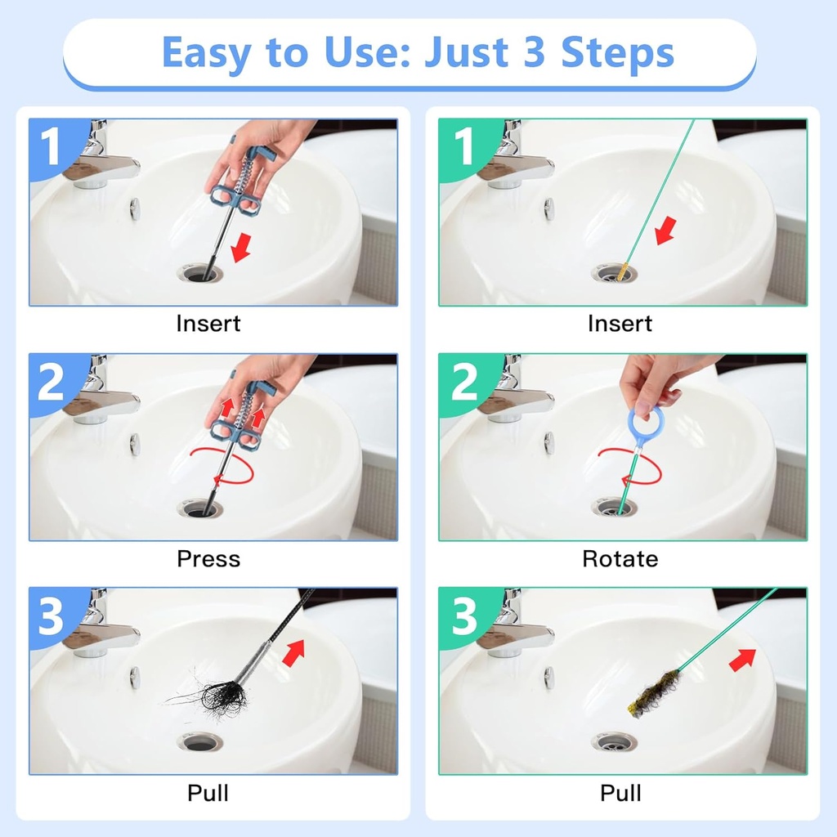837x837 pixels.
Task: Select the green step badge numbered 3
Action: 464,616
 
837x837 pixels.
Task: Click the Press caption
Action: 208,559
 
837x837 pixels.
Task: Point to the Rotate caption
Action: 620,559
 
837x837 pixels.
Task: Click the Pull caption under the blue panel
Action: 208,793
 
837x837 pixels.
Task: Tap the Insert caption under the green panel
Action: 620,324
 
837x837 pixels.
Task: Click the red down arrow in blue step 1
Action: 242,247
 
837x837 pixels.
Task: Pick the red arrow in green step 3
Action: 742,660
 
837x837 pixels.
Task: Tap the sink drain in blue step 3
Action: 200,741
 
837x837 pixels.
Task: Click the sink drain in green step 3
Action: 614,741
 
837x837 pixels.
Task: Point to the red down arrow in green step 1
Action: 665,231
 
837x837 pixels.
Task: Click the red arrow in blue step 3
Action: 293,653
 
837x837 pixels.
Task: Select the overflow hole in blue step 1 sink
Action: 135,208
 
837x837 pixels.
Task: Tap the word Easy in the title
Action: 208,53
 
